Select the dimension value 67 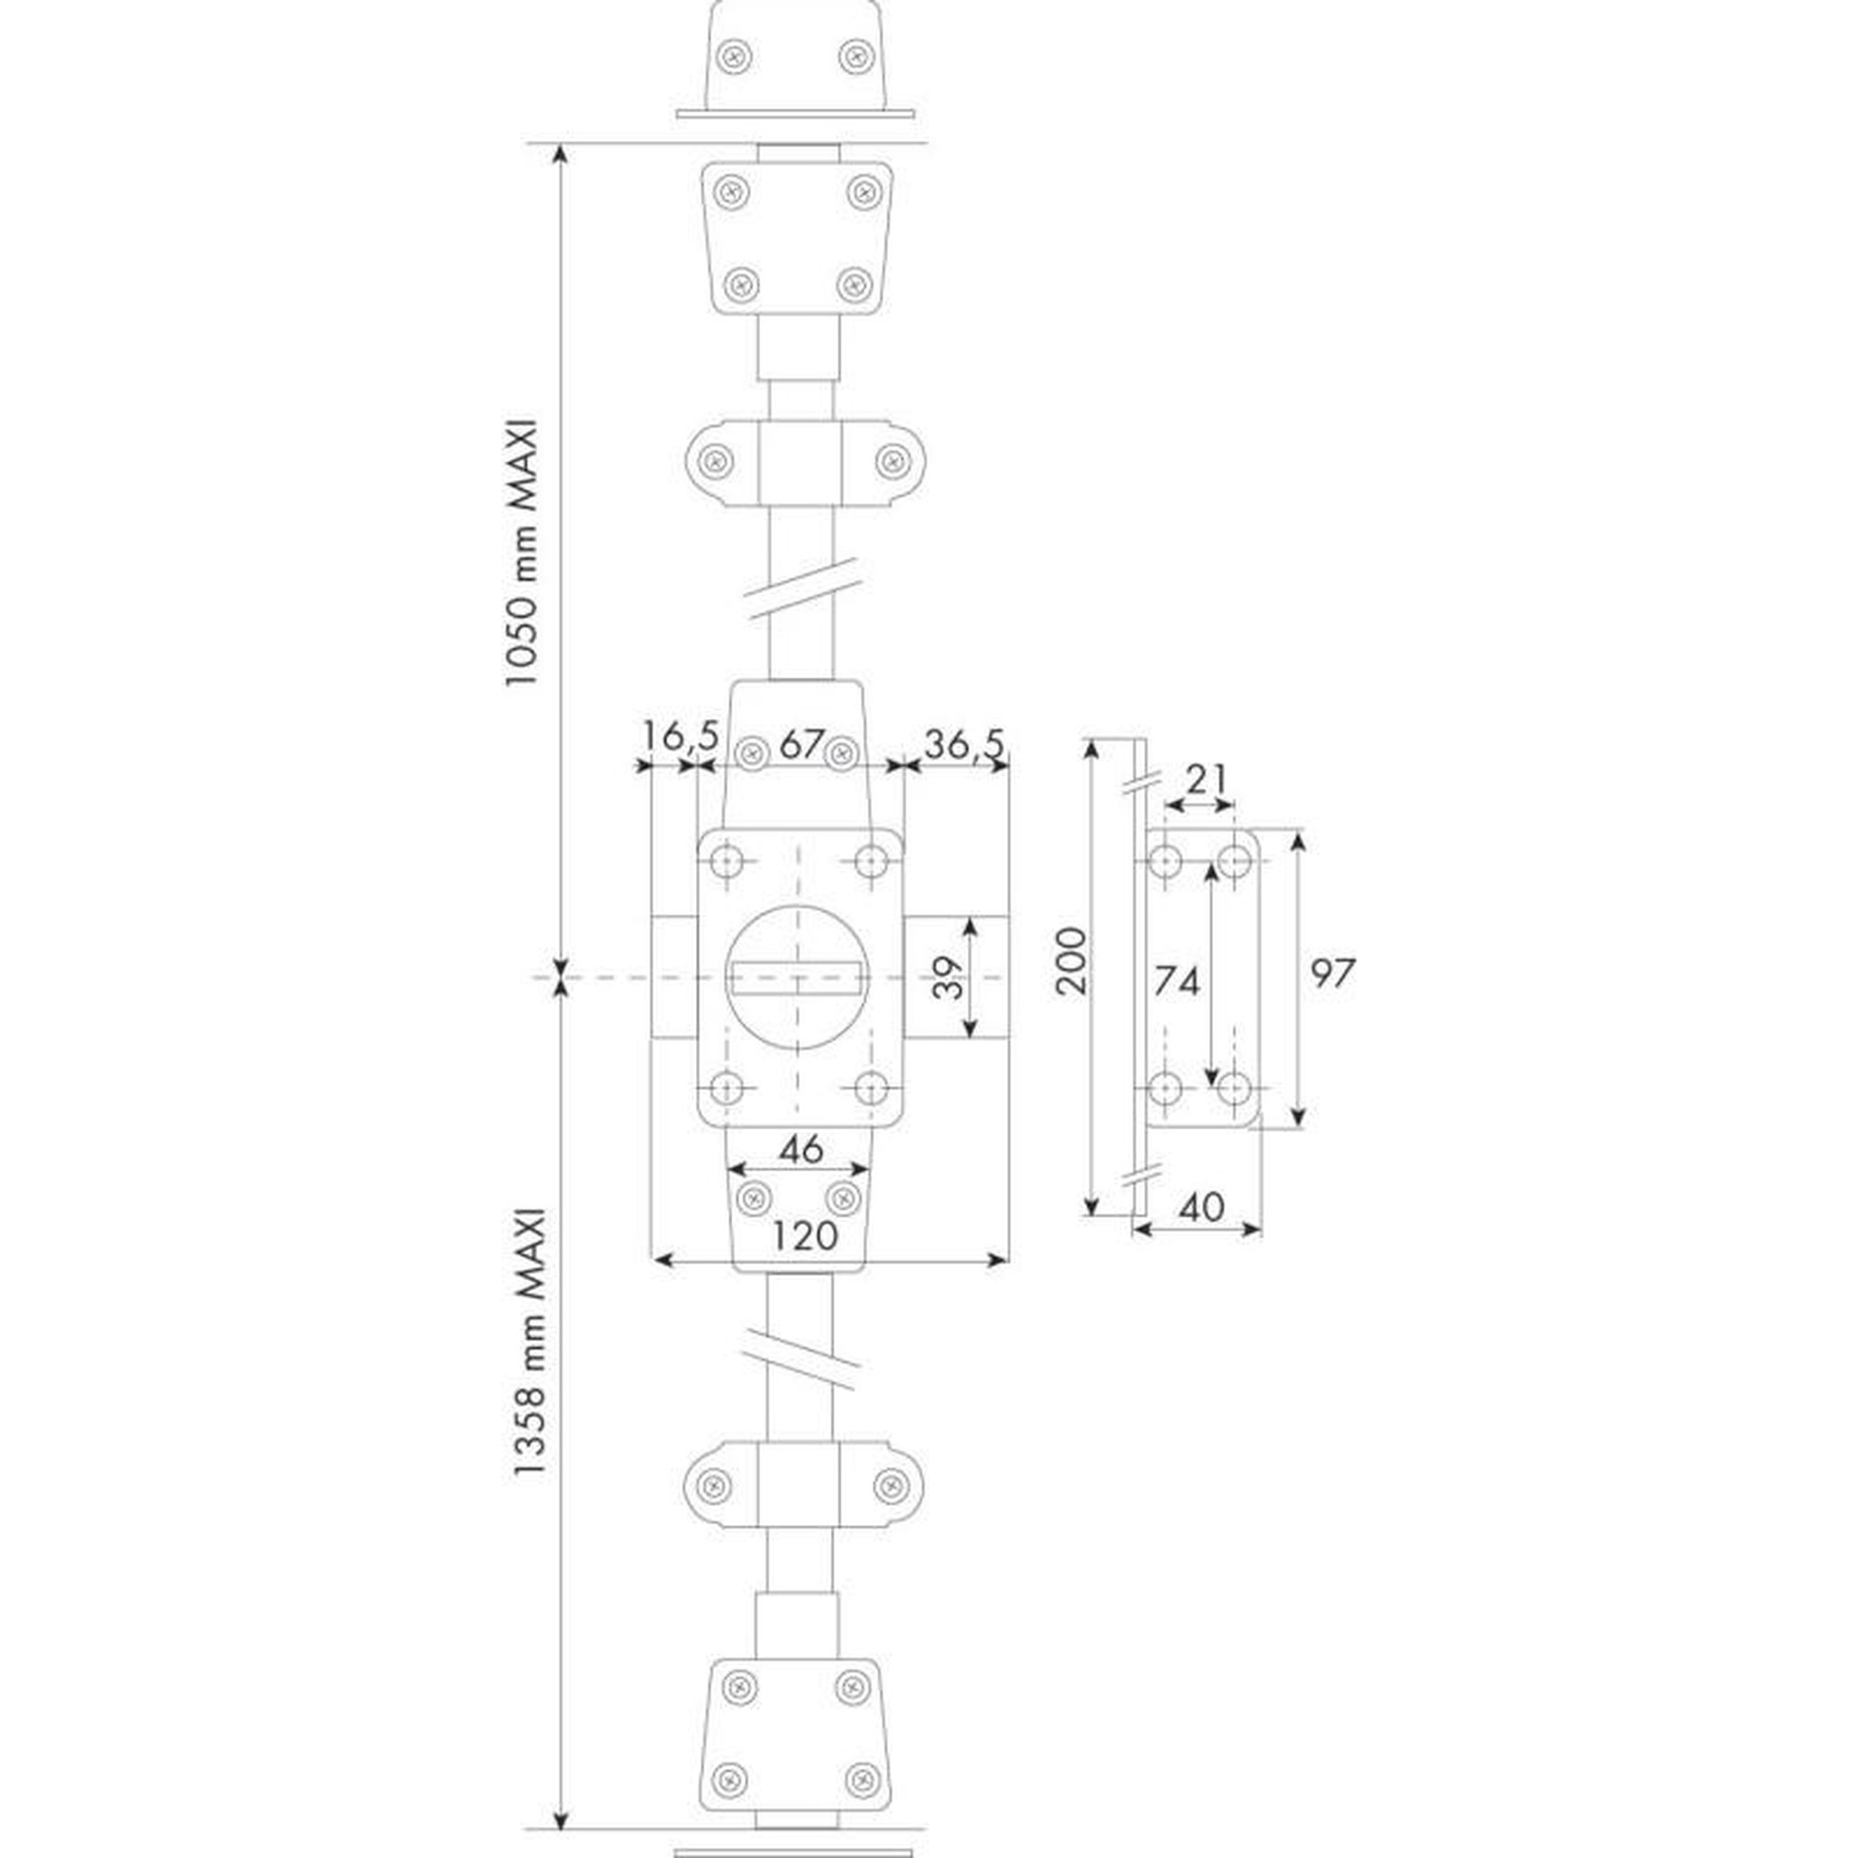(x=801, y=742)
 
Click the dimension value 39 (x=948, y=978)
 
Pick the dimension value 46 (x=801, y=1149)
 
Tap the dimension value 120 (x=805, y=1235)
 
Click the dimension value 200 (x=1071, y=960)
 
